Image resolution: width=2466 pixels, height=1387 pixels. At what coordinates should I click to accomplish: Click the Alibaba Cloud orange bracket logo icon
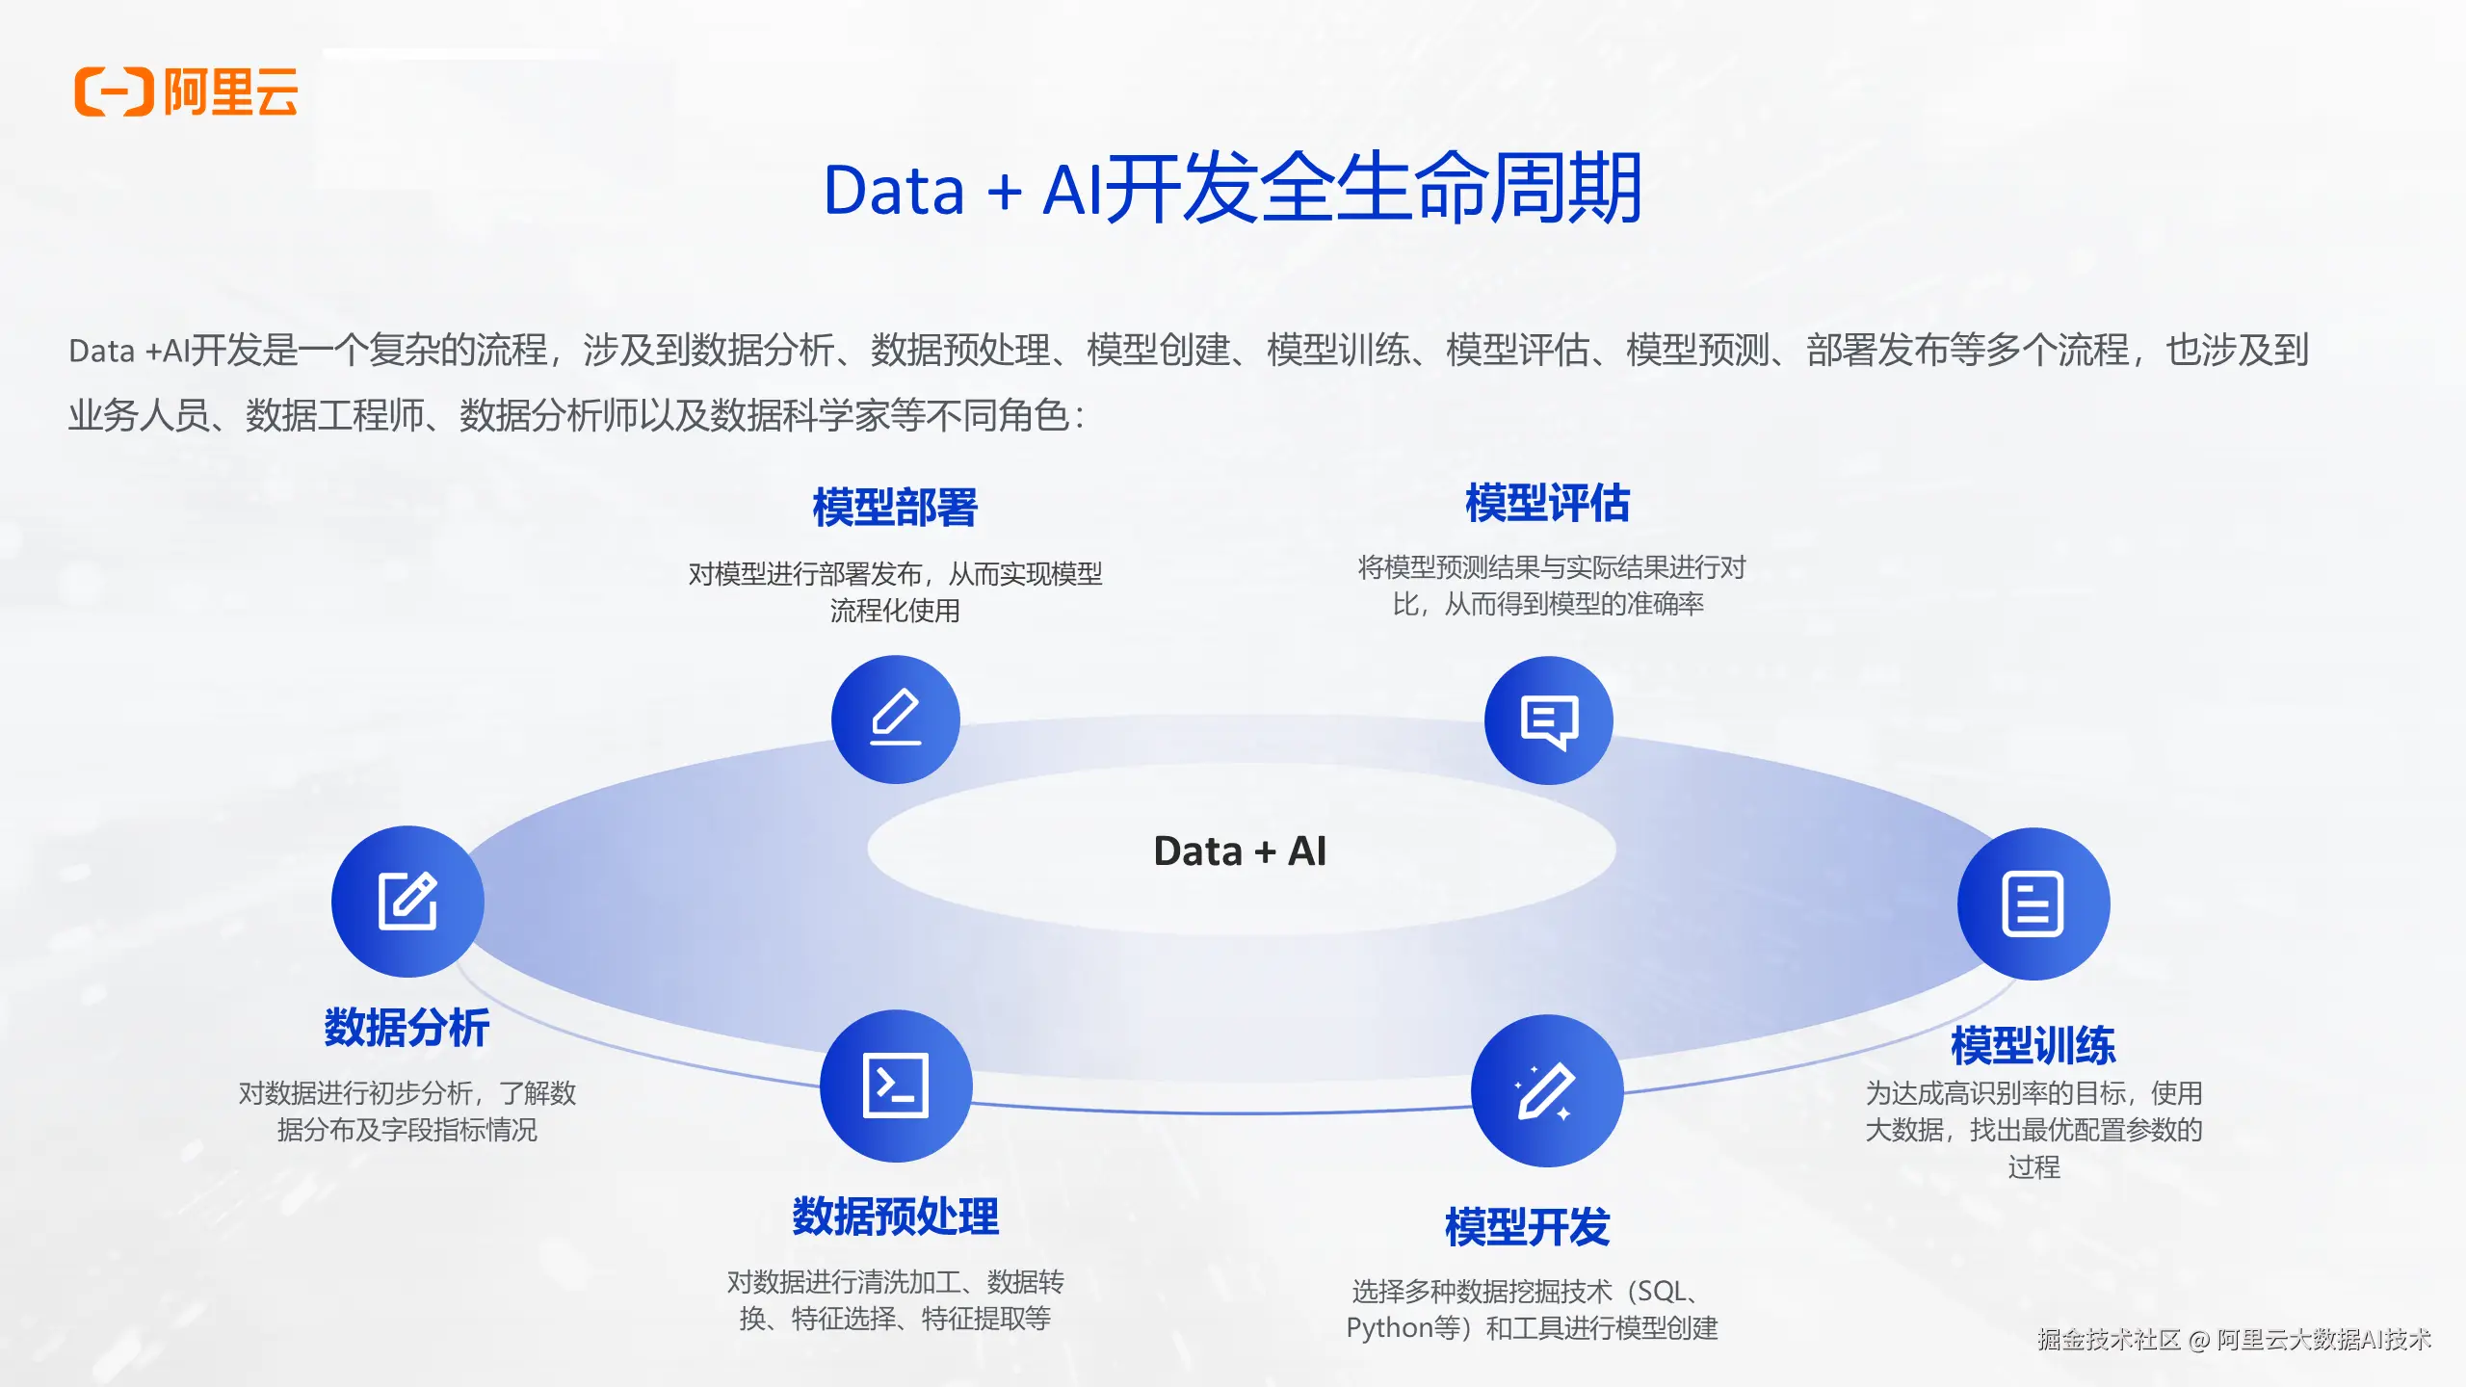114,92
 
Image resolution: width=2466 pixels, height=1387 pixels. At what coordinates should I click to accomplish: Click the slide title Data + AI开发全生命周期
1232,189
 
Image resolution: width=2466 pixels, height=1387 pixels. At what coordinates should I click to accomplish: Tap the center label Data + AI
1240,851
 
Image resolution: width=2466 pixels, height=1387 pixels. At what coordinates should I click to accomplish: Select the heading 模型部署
895,508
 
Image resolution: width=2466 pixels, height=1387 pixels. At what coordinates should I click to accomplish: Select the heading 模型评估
1547,504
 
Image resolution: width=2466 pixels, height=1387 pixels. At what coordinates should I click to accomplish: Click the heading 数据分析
407,1028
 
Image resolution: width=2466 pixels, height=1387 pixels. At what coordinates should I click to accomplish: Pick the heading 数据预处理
895,1217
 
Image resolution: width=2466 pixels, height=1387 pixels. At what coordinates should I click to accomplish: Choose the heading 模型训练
2033,1046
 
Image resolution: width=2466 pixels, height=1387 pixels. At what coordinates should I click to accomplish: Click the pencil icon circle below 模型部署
895,720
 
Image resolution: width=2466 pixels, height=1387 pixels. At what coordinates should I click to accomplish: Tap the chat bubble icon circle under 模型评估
1548,720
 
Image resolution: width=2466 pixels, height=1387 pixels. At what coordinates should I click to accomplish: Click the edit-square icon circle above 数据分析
407,902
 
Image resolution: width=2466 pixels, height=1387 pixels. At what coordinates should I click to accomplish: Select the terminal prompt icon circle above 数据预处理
896,1086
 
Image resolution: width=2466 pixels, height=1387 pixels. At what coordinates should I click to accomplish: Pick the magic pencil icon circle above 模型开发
1546,1090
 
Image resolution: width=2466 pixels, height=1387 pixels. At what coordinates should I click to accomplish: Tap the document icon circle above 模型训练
2033,903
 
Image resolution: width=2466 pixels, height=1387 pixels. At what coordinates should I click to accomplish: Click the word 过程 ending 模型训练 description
2033,1167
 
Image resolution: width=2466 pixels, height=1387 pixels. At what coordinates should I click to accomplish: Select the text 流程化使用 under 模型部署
895,611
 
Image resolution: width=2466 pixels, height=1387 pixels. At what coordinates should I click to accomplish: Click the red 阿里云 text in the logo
231,92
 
